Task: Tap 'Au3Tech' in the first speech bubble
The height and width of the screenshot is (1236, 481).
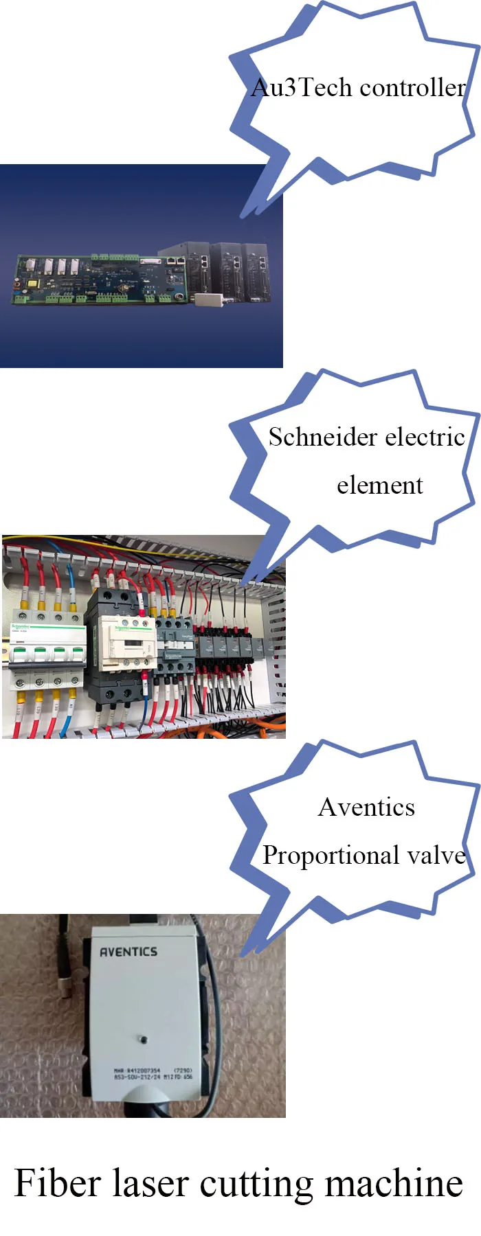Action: (x=302, y=88)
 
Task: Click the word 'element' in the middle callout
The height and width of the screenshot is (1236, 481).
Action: (x=379, y=485)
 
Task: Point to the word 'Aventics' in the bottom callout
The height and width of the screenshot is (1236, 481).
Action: (x=366, y=808)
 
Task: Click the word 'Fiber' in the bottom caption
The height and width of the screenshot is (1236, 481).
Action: (x=57, y=1183)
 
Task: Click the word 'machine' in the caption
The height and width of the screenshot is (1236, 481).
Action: (x=394, y=1183)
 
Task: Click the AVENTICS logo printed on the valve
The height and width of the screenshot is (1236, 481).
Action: (x=128, y=952)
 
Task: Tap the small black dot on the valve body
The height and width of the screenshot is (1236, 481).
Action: (x=144, y=1039)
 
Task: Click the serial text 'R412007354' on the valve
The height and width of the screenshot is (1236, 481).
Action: (x=143, y=1070)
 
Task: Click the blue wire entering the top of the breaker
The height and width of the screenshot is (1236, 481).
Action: (x=71, y=591)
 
